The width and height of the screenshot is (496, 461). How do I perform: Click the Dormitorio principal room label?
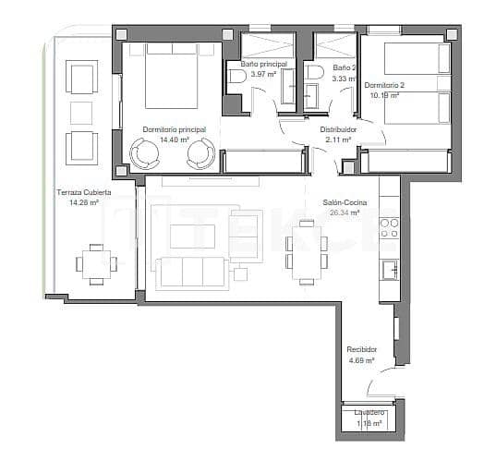174,130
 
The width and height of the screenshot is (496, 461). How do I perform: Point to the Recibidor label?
361,349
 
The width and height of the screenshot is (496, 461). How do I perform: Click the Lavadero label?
369,412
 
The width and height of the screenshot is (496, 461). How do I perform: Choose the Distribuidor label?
339,130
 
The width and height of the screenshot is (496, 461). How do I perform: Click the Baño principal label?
263,64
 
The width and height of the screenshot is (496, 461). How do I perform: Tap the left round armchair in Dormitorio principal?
145,152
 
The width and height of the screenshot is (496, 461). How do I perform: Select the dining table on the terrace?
96,262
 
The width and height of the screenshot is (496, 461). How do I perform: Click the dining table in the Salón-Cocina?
305,250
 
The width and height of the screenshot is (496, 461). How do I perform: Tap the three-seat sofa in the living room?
192,272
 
